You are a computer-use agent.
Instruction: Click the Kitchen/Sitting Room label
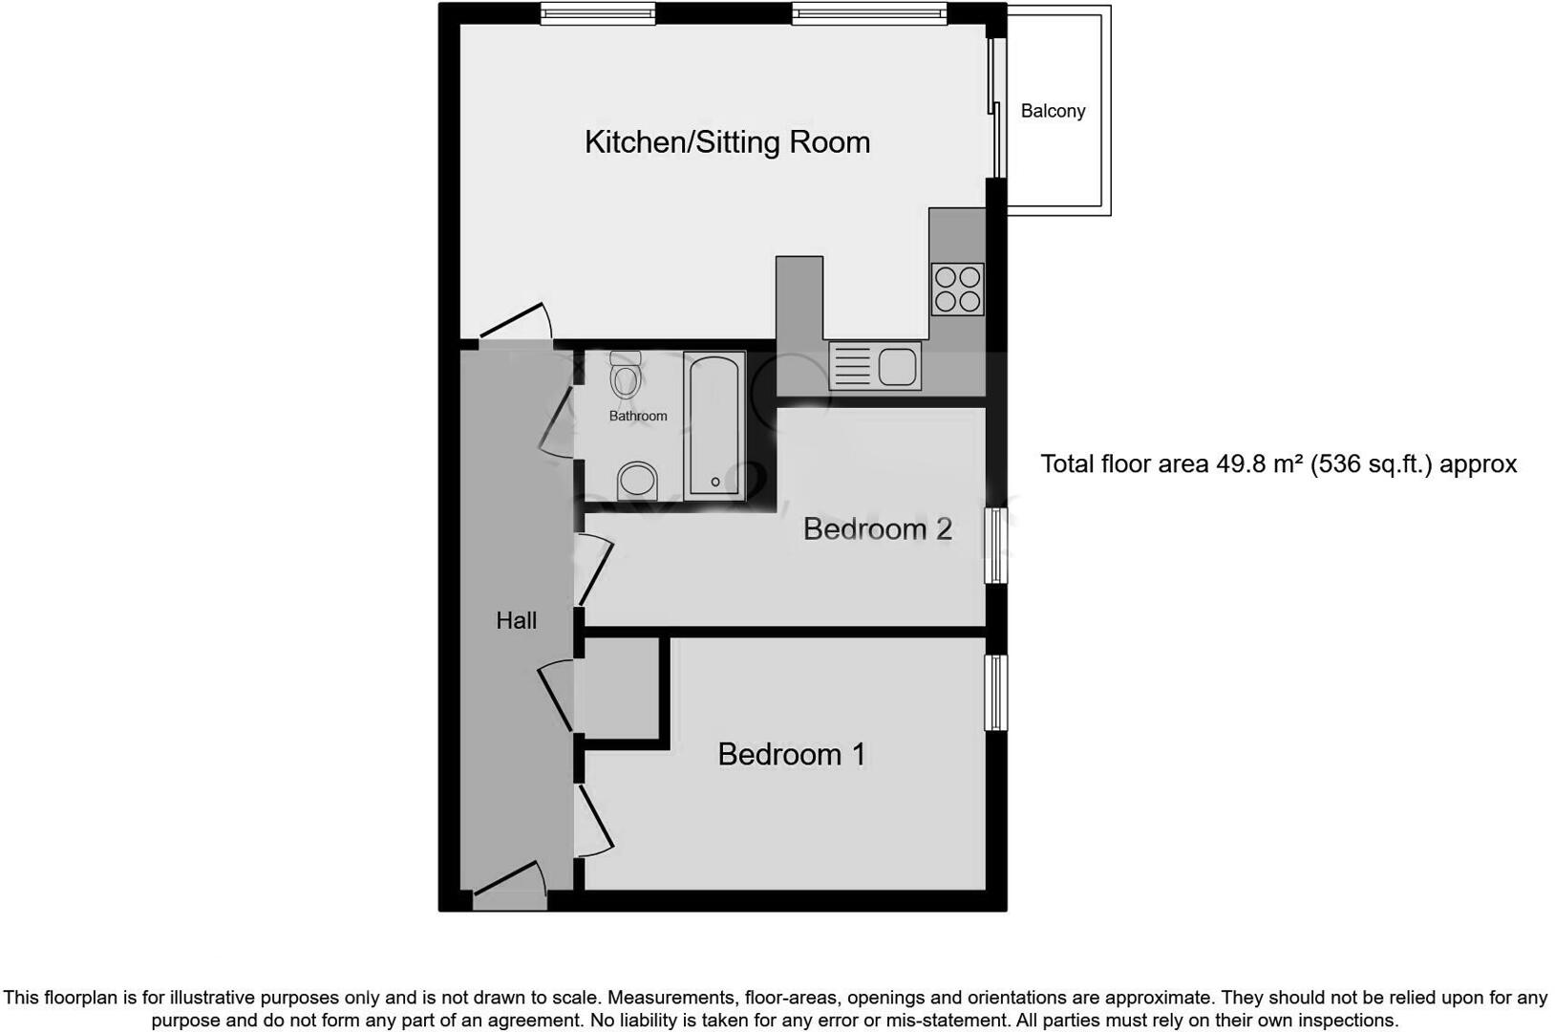727,142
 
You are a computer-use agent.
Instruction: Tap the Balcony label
1053,111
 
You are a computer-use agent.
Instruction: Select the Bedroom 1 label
791,754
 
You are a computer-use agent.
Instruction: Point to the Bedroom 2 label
877,528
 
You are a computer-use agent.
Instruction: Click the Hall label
516,620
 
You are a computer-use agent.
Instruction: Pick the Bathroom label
638,416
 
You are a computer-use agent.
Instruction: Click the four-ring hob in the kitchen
957,289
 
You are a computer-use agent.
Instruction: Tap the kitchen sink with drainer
875,366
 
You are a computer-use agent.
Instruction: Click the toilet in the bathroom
626,376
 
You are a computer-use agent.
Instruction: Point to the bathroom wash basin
637,480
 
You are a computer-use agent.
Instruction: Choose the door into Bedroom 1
594,820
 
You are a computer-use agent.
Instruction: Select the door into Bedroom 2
594,570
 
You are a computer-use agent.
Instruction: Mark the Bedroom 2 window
995,546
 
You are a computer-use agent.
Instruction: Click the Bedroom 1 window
995,692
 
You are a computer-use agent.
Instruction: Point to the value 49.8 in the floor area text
1240,464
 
